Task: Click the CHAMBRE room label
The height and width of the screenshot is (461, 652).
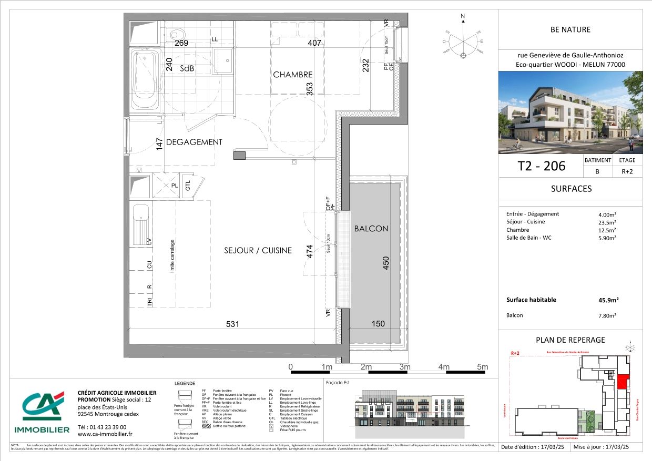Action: tap(292, 75)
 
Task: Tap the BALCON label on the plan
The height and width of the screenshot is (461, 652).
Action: tap(371, 229)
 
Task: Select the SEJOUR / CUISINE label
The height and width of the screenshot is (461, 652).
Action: tap(258, 251)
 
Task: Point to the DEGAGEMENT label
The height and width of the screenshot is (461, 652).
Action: tap(194, 142)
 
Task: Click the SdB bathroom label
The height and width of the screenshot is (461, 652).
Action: tap(187, 69)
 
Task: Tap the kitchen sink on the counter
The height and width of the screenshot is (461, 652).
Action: tap(141, 223)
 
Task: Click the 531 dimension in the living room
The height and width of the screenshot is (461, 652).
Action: tap(232, 324)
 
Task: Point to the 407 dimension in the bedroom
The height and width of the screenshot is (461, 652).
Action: tap(314, 43)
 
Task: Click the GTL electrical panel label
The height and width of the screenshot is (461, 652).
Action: tap(188, 186)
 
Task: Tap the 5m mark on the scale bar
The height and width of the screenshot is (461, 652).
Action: tap(482, 367)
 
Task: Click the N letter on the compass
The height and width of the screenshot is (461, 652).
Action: tap(463, 16)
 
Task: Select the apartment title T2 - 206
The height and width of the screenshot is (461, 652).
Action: tap(542, 166)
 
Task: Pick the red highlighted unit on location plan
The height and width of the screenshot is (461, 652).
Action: tap(622, 382)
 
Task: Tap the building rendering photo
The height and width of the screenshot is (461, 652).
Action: tap(570, 112)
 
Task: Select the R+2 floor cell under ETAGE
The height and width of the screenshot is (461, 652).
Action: tap(627, 171)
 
